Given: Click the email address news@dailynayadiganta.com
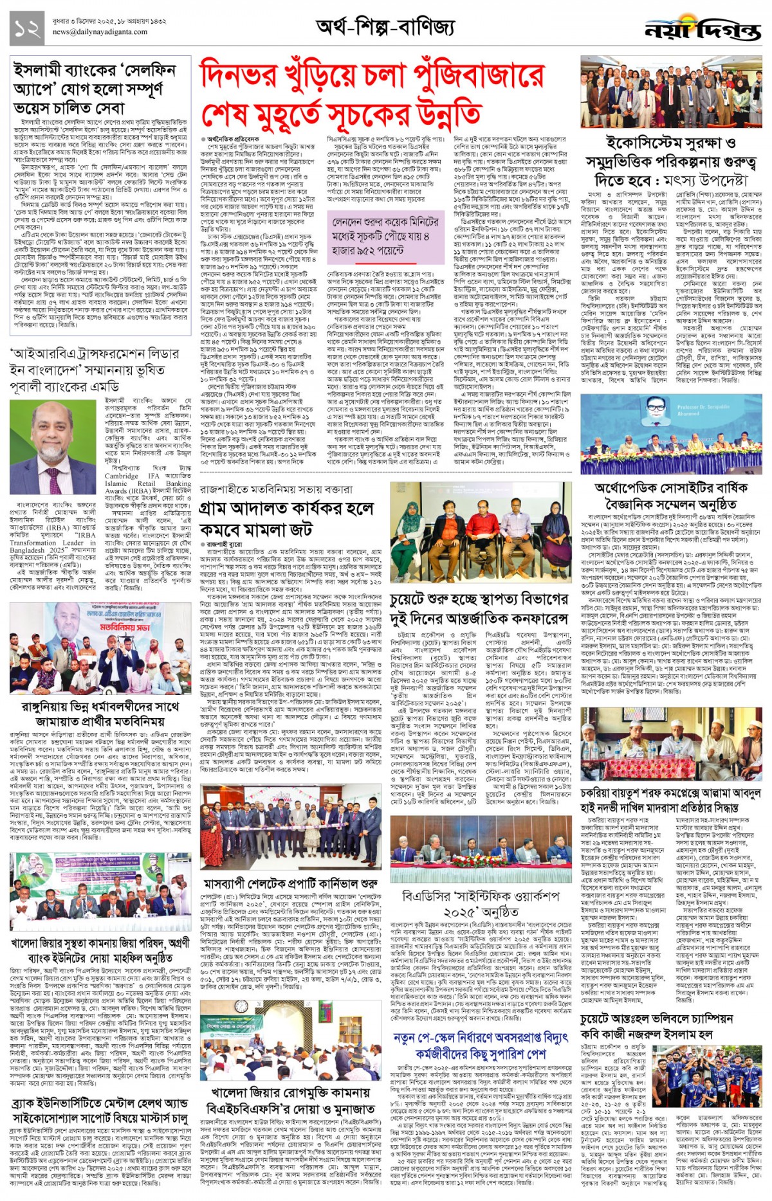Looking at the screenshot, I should [100, 32].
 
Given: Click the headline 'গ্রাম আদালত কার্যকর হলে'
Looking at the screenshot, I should [287, 509].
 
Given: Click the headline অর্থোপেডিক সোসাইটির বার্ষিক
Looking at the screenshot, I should [671, 488].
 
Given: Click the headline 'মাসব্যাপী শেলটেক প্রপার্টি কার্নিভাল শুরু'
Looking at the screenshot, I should [291, 883].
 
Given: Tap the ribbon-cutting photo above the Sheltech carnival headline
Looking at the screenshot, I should [291, 827].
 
